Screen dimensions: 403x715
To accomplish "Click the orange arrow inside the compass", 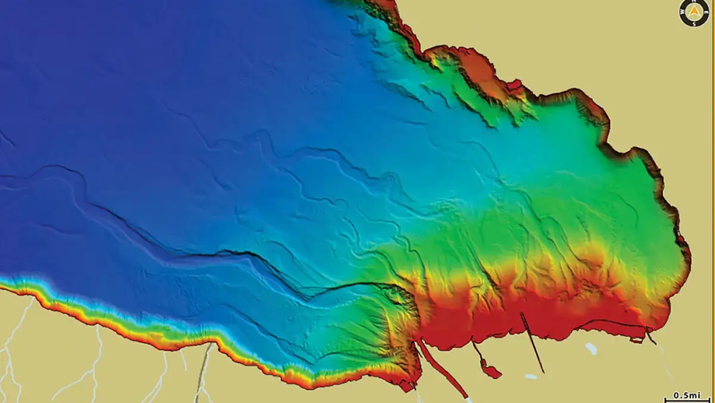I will pyautogui.click(x=694, y=12).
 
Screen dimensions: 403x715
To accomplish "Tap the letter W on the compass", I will pyautogui.click(x=683, y=12).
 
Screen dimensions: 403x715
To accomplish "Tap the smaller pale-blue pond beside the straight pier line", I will pyautogui.click(x=530, y=376).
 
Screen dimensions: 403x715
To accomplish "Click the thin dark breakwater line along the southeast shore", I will pyautogui.click(x=614, y=324).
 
